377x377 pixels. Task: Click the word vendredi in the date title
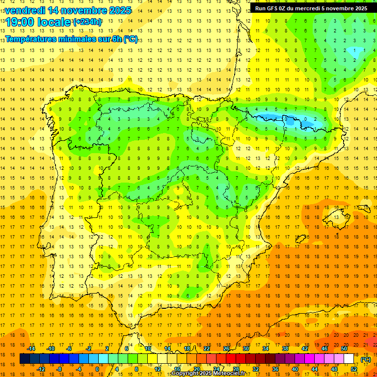(25, 10)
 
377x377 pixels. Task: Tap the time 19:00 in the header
(20, 22)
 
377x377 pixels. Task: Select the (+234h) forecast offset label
(87, 22)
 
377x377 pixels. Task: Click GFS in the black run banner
(274, 8)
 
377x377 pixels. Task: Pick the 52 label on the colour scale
(354, 369)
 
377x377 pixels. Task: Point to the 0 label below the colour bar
(97, 369)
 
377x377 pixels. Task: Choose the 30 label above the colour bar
(246, 349)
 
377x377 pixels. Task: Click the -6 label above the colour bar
(69, 349)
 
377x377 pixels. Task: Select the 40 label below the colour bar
(295, 369)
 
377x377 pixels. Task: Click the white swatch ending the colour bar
(349, 359)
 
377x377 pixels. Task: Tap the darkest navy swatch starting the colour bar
(25, 359)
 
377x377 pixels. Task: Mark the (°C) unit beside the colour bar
(366, 359)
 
